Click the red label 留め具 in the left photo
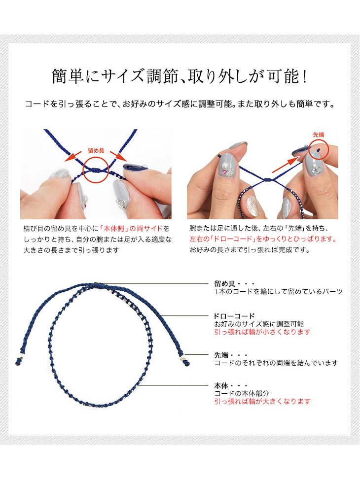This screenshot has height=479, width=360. pos(96,151)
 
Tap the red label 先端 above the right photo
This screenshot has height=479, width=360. pos(318,135)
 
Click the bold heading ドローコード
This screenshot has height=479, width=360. pos(234,316)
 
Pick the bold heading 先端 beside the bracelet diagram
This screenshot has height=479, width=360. pos(221,355)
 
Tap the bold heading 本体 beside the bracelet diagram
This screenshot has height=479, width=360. pos(221,385)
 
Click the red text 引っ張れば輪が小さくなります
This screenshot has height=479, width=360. pos(262,332)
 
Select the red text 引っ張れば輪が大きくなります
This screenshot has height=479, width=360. pos(262,401)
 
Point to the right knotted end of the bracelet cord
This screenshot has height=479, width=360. pos(186,363)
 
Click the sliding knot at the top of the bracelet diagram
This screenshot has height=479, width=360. pos(99,285)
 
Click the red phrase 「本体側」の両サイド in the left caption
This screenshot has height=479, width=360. pos(132,229)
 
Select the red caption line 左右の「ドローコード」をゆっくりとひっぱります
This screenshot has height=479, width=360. pos(263,239)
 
